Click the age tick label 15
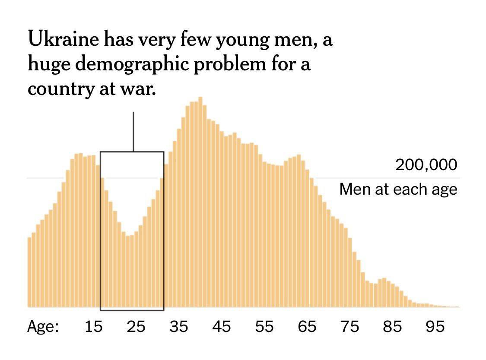[x=93, y=327]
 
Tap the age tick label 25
[x=136, y=327]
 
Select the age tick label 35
[x=179, y=327]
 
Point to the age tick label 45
[x=222, y=327]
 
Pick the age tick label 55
[x=264, y=327]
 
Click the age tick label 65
[x=307, y=327]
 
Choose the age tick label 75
[x=349, y=327]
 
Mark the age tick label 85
[x=392, y=327]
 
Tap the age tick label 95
[x=435, y=327]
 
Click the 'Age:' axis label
[x=43, y=327]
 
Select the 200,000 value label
[x=426, y=165]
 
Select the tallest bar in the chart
[x=200, y=203]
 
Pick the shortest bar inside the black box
[x=128, y=272]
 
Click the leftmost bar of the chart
[x=29, y=272]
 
